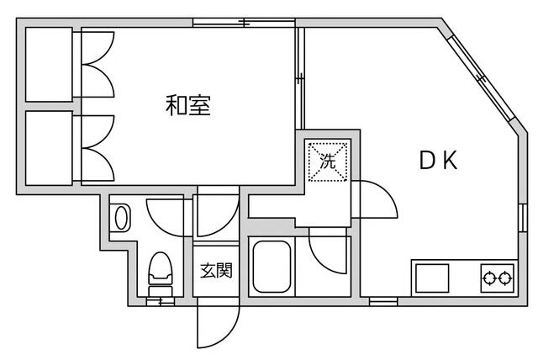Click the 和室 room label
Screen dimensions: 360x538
click(x=187, y=106)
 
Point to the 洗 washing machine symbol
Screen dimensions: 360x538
click(x=328, y=159)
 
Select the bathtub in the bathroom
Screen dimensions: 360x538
click(x=271, y=267)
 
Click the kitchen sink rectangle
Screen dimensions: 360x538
click(x=431, y=277)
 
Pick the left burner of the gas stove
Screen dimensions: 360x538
click(x=488, y=277)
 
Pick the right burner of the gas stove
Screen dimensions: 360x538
click(x=505, y=277)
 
